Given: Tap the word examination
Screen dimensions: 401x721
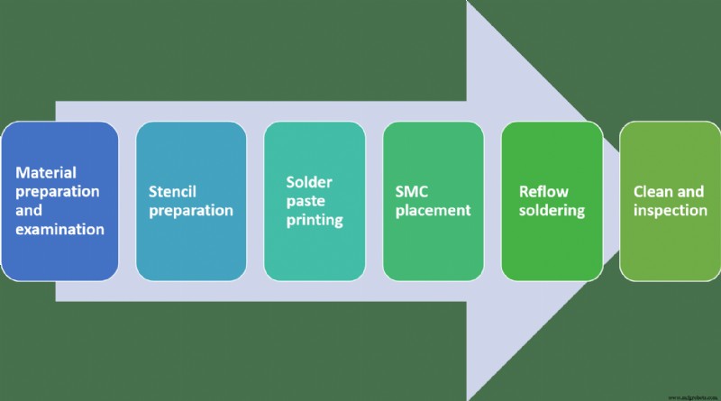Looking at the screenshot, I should tap(59, 229).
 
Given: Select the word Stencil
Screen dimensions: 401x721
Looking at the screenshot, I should tap(173, 191).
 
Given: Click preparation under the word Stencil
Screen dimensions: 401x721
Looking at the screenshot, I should tap(191, 210).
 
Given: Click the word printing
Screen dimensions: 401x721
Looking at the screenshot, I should tap(308, 220).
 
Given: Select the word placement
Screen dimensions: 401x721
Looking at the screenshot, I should tap(433, 210).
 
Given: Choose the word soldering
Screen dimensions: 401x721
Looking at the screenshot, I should tap(552, 210).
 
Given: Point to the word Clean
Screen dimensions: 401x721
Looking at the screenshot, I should tap(653, 191).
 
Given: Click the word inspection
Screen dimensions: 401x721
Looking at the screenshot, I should tap(670, 210).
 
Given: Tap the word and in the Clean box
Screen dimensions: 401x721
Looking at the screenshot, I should tap(691, 191).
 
